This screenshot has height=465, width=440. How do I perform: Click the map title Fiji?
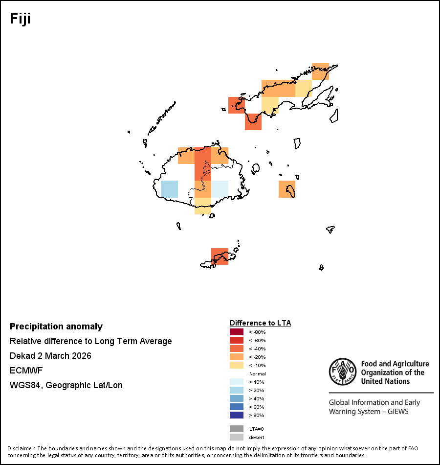[21, 19]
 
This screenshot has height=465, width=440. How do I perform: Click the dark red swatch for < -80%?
[236, 332]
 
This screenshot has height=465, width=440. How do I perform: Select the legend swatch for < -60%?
[236, 340]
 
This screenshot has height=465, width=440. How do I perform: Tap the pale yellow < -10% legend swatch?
[236, 365]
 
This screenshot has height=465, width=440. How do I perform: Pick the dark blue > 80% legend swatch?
[236, 415]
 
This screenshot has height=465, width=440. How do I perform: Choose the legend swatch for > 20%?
[236, 390]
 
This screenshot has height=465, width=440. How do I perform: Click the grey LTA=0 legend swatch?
[236, 429]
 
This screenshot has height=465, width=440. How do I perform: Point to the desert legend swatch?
[236, 437]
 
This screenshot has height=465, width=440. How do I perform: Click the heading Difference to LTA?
[260, 323]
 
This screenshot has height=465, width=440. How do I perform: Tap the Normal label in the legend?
[257, 373]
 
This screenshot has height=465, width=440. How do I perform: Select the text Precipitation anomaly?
[56, 326]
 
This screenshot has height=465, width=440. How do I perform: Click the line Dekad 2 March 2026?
[50, 356]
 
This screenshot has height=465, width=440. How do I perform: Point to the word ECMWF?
[26, 371]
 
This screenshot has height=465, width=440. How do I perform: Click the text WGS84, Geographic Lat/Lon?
[66, 385]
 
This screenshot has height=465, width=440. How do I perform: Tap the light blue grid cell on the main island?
[169, 189]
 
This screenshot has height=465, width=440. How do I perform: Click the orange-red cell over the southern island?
[220, 256]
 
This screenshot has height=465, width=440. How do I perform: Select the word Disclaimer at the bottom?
[21, 448]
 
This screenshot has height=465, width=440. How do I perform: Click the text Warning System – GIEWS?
[369, 412]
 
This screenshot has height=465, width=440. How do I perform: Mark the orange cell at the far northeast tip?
[320, 71]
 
